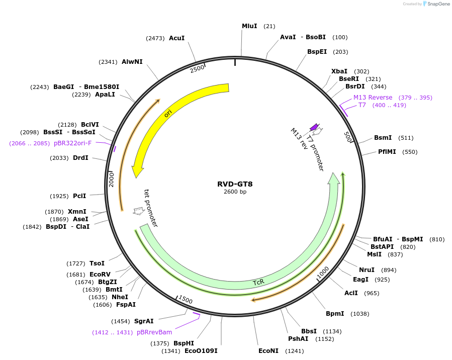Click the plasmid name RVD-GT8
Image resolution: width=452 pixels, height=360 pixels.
point(235,184)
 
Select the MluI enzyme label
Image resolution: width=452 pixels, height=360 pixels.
point(249,26)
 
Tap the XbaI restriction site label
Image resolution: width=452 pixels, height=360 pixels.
point(339,71)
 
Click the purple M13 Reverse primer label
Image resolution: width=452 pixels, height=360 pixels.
point(373,98)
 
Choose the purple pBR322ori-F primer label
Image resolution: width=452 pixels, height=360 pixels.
point(73,143)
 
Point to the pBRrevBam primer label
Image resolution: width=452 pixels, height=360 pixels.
point(154,332)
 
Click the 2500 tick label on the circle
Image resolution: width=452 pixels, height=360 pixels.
point(197,68)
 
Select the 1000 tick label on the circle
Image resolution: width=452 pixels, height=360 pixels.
point(323,272)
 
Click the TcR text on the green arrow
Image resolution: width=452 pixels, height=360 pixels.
point(258,283)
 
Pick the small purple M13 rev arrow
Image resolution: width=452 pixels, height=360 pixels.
point(314,127)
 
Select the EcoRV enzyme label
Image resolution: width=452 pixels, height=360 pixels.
point(100,274)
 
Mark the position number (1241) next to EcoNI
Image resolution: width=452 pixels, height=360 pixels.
point(294,351)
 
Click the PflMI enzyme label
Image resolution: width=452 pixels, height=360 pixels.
point(387,152)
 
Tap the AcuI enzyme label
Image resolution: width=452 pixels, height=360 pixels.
point(176,38)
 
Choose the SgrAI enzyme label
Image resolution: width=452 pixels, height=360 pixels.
point(144,321)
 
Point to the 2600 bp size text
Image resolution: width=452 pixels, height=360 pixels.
point(235,192)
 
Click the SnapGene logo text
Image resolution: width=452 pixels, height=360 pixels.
point(436,4)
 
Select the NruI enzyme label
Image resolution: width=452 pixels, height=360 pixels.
point(367,269)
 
